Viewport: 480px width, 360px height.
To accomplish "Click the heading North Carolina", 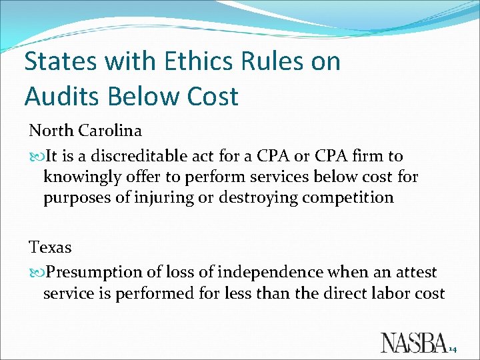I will click(x=85, y=131).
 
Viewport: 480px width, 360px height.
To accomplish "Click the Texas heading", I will click(x=50, y=247).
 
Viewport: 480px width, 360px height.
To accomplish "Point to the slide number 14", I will click(x=453, y=348).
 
